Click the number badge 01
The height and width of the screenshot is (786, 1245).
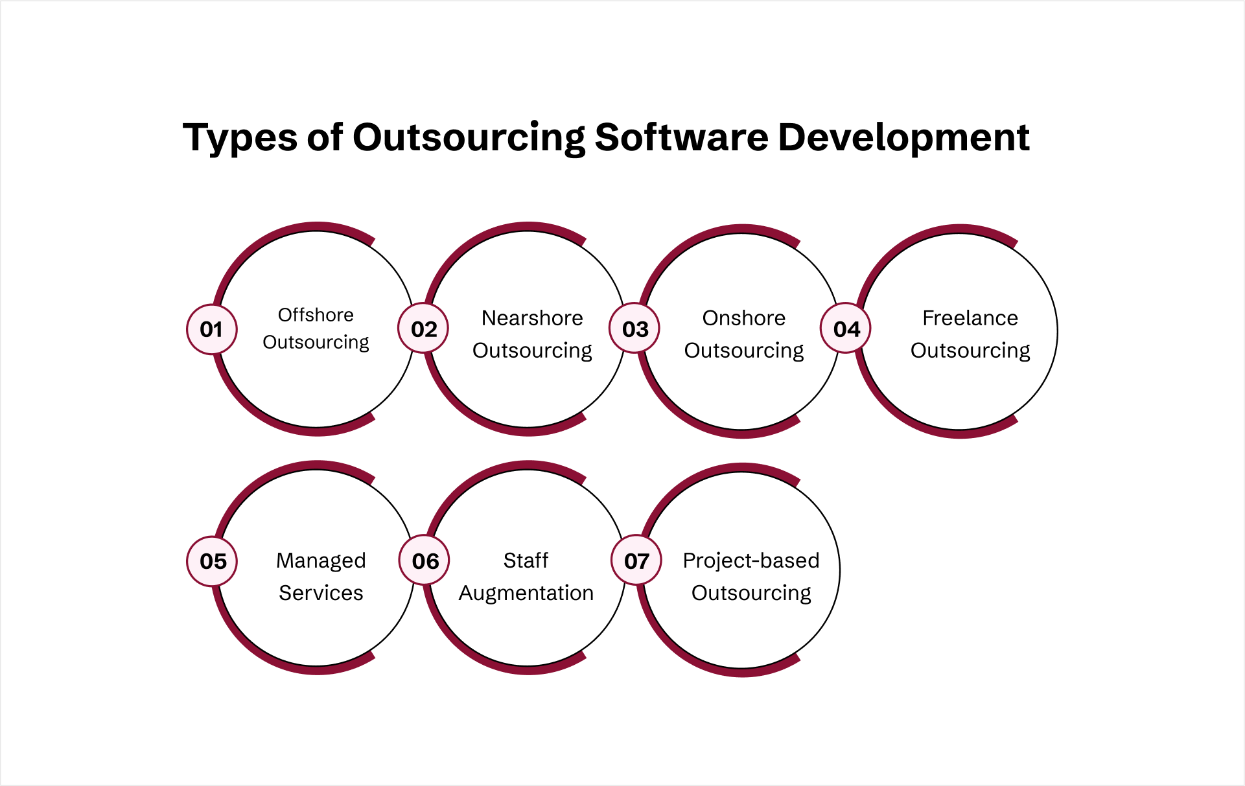(211, 329)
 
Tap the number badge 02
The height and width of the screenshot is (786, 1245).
(424, 329)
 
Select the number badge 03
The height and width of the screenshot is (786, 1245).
(635, 329)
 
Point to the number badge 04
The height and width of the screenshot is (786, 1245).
(846, 329)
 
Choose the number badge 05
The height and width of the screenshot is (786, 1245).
(213, 561)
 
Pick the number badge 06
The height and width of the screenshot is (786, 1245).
(425, 561)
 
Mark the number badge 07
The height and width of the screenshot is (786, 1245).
(636, 561)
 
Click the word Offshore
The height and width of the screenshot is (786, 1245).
(316, 315)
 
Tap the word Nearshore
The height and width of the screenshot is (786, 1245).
(532, 318)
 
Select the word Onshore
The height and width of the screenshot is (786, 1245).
(743, 318)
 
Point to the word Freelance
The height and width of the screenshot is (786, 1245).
(970, 318)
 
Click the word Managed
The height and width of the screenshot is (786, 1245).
(321, 561)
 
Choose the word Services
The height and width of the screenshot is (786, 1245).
(321, 593)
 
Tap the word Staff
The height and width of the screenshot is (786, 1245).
(526, 561)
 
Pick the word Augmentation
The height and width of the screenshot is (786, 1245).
(526, 593)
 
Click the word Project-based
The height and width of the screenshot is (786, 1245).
(751, 561)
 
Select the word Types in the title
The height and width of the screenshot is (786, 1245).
(239, 138)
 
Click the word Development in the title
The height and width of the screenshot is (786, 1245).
(903, 138)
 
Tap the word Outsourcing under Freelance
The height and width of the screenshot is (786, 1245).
(970, 351)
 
